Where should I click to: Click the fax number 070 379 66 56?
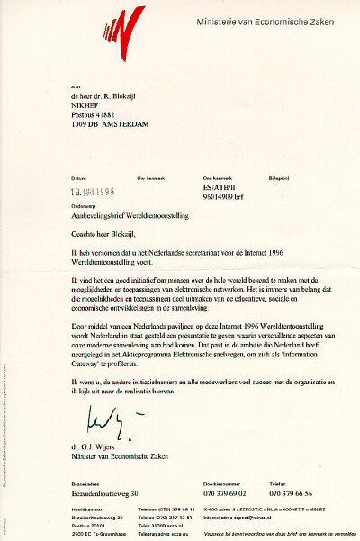pyautogui.click(x=296, y=494)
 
